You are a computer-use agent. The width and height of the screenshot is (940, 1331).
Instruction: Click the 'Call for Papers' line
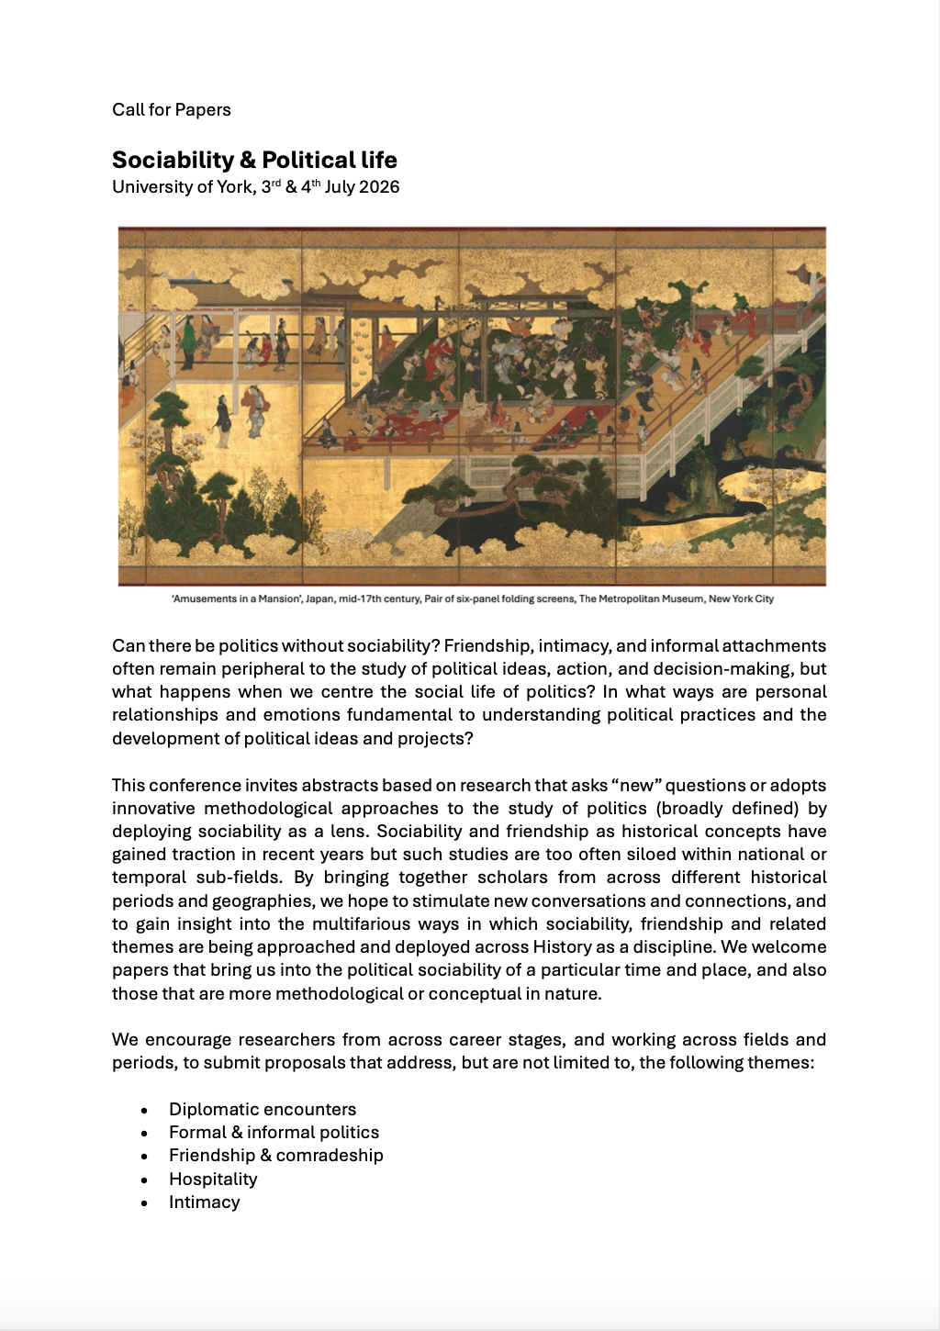coord(172,110)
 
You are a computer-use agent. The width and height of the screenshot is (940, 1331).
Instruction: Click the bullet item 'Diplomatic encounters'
coord(263,1110)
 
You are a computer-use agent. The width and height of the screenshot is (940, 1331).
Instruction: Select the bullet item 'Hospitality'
coord(213,1180)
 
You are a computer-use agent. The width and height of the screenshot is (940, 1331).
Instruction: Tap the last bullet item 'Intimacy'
coord(204,1202)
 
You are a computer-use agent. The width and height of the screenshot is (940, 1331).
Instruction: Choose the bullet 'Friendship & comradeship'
coord(275,1156)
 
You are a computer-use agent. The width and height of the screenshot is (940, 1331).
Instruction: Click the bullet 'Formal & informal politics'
coord(274,1133)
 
